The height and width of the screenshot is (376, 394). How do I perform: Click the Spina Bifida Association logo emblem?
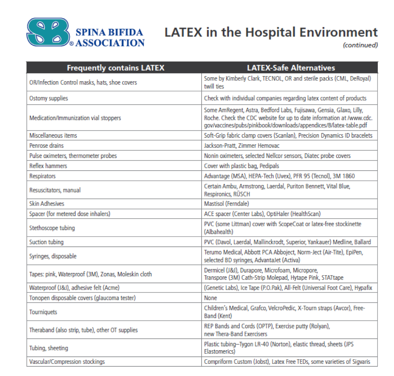[x=48, y=33]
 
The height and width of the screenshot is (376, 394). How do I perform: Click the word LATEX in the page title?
[x=184, y=33]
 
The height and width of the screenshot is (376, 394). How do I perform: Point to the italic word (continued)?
[x=360, y=45]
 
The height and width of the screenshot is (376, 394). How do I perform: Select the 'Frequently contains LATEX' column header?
[x=115, y=68]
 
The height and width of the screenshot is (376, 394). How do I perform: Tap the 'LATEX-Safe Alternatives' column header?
[x=291, y=68]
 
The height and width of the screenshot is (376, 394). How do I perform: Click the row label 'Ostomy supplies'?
[x=49, y=98]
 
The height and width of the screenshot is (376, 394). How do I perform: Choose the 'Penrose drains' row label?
[x=47, y=146]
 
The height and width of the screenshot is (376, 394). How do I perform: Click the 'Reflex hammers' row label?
[x=48, y=166]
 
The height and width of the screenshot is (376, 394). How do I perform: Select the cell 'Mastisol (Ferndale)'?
[x=229, y=204]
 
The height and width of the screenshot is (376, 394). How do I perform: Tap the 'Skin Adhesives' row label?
[x=47, y=204]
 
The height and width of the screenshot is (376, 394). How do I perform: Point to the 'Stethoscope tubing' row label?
[x=52, y=228]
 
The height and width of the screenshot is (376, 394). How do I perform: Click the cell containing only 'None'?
[x=210, y=298]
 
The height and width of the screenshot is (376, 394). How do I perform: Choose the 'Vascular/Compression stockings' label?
[x=67, y=362]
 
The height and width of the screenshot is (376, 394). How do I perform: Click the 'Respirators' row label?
[x=42, y=176]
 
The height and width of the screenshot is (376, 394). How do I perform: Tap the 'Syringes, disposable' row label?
[x=53, y=256]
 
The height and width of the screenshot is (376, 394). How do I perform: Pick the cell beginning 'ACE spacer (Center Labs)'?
[x=262, y=213]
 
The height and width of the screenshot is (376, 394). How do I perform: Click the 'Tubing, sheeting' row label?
[x=49, y=348]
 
